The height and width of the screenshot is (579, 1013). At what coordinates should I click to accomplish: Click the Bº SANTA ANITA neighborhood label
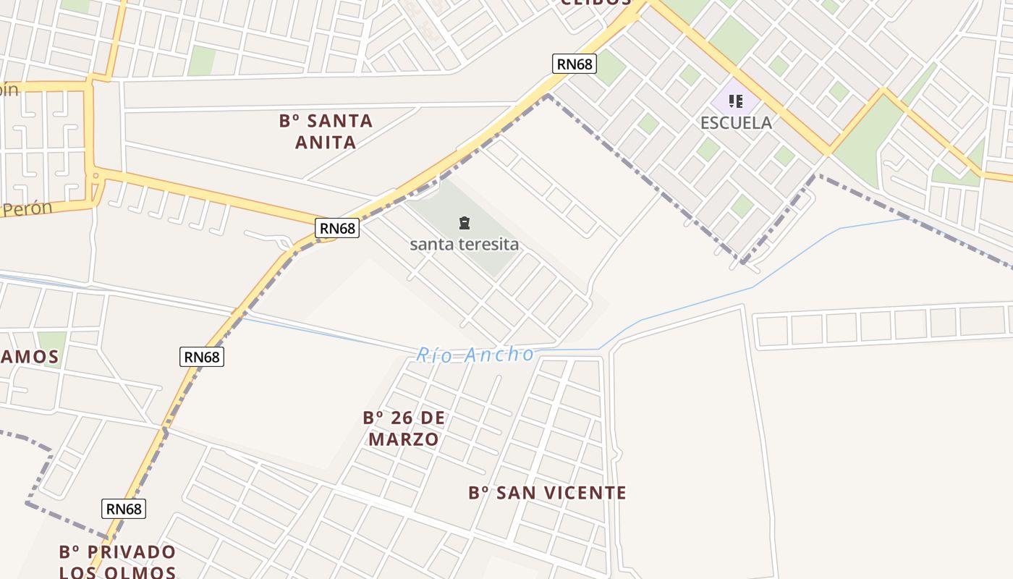[x=326, y=131]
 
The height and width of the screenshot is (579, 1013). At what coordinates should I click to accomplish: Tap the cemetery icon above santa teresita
[x=465, y=223]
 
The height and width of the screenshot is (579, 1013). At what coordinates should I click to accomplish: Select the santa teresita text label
[x=465, y=244]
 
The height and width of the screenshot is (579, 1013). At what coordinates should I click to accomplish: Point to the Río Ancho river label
[x=475, y=355]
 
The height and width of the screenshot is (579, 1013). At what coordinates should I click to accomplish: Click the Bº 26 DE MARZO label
[x=404, y=428]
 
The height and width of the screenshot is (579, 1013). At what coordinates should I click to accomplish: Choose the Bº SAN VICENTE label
[x=547, y=493]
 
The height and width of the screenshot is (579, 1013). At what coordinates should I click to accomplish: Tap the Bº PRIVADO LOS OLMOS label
[x=117, y=562]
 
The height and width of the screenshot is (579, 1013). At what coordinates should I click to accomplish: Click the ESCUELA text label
[x=736, y=122]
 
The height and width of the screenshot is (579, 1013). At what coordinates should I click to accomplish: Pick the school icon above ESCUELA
[x=736, y=101]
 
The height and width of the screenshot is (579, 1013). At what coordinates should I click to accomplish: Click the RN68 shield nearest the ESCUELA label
[x=575, y=64]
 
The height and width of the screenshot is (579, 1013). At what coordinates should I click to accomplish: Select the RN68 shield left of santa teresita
[x=338, y=229]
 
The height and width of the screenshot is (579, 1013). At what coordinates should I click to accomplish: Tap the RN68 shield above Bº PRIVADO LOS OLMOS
[x=124, y=509]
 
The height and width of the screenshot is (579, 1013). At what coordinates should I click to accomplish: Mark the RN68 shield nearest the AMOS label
[x=202, y=357]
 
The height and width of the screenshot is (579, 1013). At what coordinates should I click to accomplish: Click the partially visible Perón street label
[x=27, y=208]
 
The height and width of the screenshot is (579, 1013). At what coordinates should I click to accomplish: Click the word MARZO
[x=404, y=439]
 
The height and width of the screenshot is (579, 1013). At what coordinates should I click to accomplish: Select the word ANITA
[x=326, y=142]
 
